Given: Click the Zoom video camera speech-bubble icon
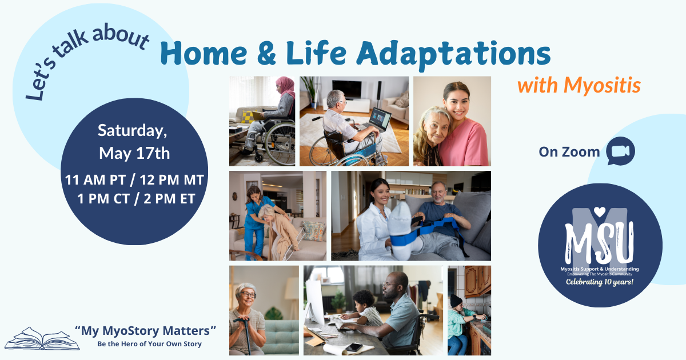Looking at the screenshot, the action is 620,151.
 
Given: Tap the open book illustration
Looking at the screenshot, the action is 42,338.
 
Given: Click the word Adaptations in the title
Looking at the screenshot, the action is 453,54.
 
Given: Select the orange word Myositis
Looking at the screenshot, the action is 602,85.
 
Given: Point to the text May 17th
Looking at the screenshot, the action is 134,153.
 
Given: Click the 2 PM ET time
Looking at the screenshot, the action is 169,199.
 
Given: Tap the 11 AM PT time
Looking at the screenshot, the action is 95,179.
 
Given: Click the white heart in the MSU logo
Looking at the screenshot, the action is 600,211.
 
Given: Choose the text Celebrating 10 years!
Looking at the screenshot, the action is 599,282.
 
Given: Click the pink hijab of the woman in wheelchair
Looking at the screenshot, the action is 286,86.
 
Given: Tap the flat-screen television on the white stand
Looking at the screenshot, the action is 346,89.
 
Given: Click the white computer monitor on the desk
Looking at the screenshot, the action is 314,302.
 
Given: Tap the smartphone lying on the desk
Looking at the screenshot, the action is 354,347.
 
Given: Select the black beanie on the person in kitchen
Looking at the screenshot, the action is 456,301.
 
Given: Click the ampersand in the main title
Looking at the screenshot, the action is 267,54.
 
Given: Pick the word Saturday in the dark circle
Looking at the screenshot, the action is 132,131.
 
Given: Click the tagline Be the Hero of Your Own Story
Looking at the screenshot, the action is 149,344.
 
